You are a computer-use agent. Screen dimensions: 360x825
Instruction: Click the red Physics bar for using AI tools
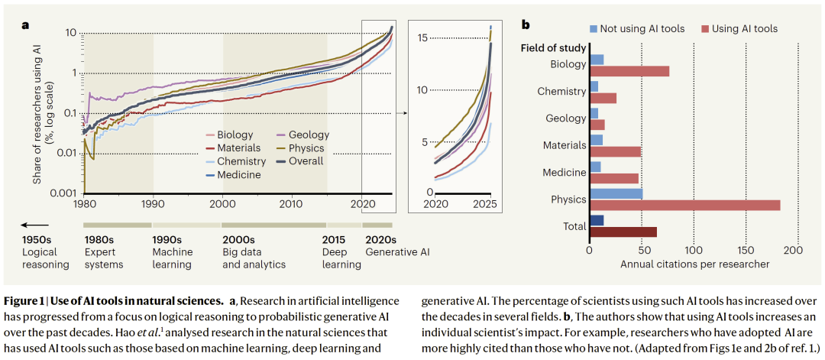pyautogui.click(x=684, y=205)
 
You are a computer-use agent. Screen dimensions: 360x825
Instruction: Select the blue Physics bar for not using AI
pyautogui.click(x=616, y=194)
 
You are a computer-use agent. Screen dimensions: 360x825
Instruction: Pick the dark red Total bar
pyautogui.click(x=623, y=232)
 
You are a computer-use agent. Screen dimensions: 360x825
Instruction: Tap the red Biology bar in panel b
pyautogui.click(x=629, y=71)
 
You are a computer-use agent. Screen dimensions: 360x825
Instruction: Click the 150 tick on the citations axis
pyautogui.click(x=746, y=251)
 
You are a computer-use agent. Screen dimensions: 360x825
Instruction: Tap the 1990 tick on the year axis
pyautogui.click(x=153, y=203)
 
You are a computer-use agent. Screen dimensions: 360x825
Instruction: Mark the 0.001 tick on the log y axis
pyautogui.click(x=63, y=194)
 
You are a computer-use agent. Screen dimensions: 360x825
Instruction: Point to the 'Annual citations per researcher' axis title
pyautogui.click(x=694, y=264)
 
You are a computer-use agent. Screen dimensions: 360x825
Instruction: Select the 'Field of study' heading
pyautogui.click(x=553, y=48)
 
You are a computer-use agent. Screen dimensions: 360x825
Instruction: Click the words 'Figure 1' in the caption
pyautogui.click(x=24, y=299)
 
